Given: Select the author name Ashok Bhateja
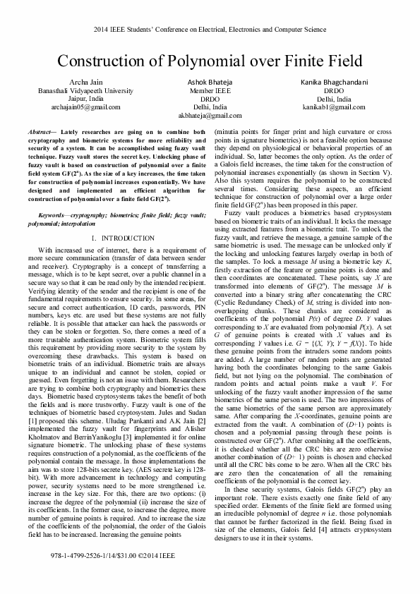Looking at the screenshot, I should click(x=210, y=83).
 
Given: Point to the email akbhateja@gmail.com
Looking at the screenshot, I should click(x=210, y=115).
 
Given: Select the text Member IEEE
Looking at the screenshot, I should click(x=210, y=91).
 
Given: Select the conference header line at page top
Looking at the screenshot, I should click(x=210, y=30).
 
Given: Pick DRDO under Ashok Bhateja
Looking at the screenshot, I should click(x=210, y=99).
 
